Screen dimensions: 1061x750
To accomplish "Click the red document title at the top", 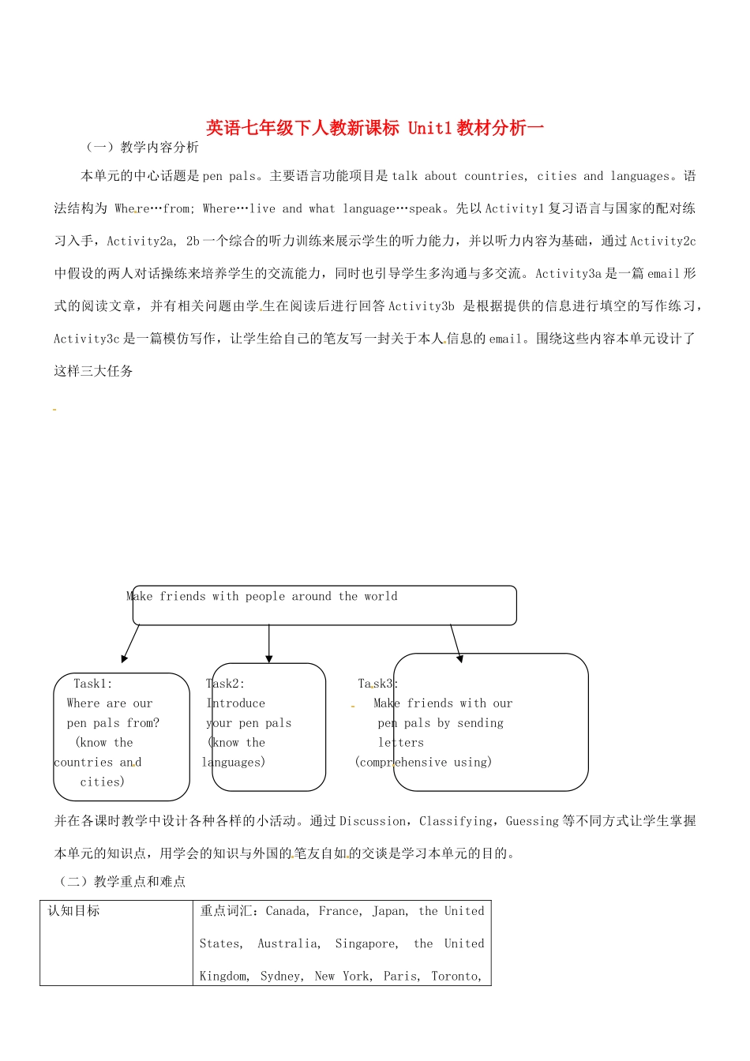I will coord(375,128).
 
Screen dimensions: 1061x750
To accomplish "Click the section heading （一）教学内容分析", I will coord(142,148).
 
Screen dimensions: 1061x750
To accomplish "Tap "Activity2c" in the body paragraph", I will coord(662,241).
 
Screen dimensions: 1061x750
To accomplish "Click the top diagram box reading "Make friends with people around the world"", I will coord(322,605).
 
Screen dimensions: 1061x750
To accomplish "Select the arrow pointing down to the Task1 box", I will coord(130,643).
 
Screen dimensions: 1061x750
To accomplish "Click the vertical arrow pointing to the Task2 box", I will coord(269,643).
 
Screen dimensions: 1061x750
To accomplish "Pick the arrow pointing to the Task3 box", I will coord(456,643).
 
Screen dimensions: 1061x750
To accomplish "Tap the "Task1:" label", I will coord(93,684).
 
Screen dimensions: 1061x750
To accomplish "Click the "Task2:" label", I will coord(226,684).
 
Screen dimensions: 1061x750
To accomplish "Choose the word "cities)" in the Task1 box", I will coord(103,782).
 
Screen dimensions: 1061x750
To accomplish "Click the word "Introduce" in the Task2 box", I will coord(236,703).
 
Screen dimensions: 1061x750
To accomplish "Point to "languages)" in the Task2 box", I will coord(234,763).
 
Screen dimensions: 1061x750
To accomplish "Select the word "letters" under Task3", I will coord(401,743).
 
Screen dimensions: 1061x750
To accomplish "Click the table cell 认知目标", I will coord(74,911).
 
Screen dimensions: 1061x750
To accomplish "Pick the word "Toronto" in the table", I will coord(455,977).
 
